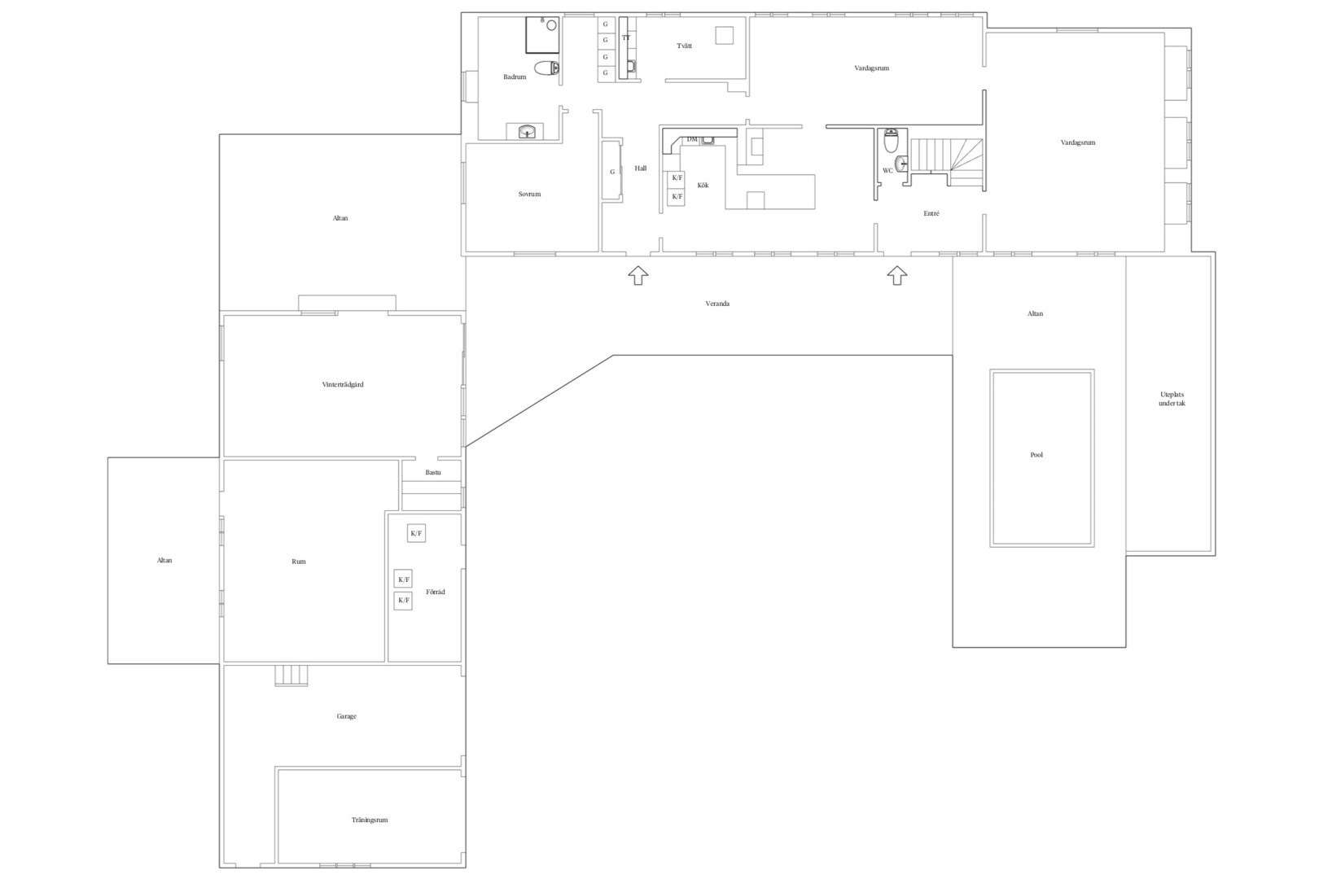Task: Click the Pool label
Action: click(x=1036, y=454)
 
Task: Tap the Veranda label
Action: click(x=717, y=304)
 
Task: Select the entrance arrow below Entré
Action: click(x=896, y=275)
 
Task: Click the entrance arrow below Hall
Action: click(x=638, y=275)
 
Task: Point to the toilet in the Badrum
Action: click(x=547, y=68)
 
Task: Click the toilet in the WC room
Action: click(x=891, y=140)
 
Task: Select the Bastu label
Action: click(x=433, y=472)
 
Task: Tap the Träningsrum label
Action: click(x=370, y=820)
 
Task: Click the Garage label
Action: click(x=346, y=716)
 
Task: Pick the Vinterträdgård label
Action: click(x=343, y=384)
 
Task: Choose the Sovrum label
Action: click(x=529, y=194)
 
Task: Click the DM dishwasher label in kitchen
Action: click(x=692, y=139)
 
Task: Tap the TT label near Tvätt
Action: click(x=626, y=37)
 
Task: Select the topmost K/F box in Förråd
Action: click(x=416, y=533)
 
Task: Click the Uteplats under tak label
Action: click(x=1172, y=399)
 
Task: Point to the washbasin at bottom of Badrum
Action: click(x=527, y=132)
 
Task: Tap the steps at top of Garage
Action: click(x=291, y=676)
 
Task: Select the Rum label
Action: click(x=299, y=562)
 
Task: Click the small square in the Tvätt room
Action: click(x=725, y=35)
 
